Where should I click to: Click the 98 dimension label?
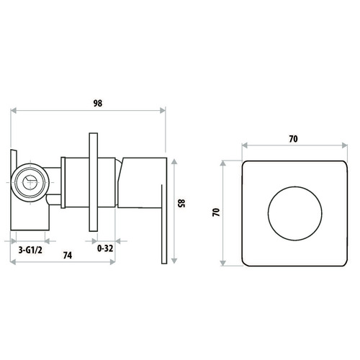98,103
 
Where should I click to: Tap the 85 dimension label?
182,203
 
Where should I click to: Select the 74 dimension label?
68,256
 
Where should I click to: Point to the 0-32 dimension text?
105,248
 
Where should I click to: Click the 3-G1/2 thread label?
30,250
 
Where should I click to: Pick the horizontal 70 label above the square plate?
293,139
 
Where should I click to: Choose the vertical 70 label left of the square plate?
216,212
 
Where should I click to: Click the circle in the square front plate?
295,213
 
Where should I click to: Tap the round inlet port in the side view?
30,182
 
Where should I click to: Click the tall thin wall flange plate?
94,182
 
